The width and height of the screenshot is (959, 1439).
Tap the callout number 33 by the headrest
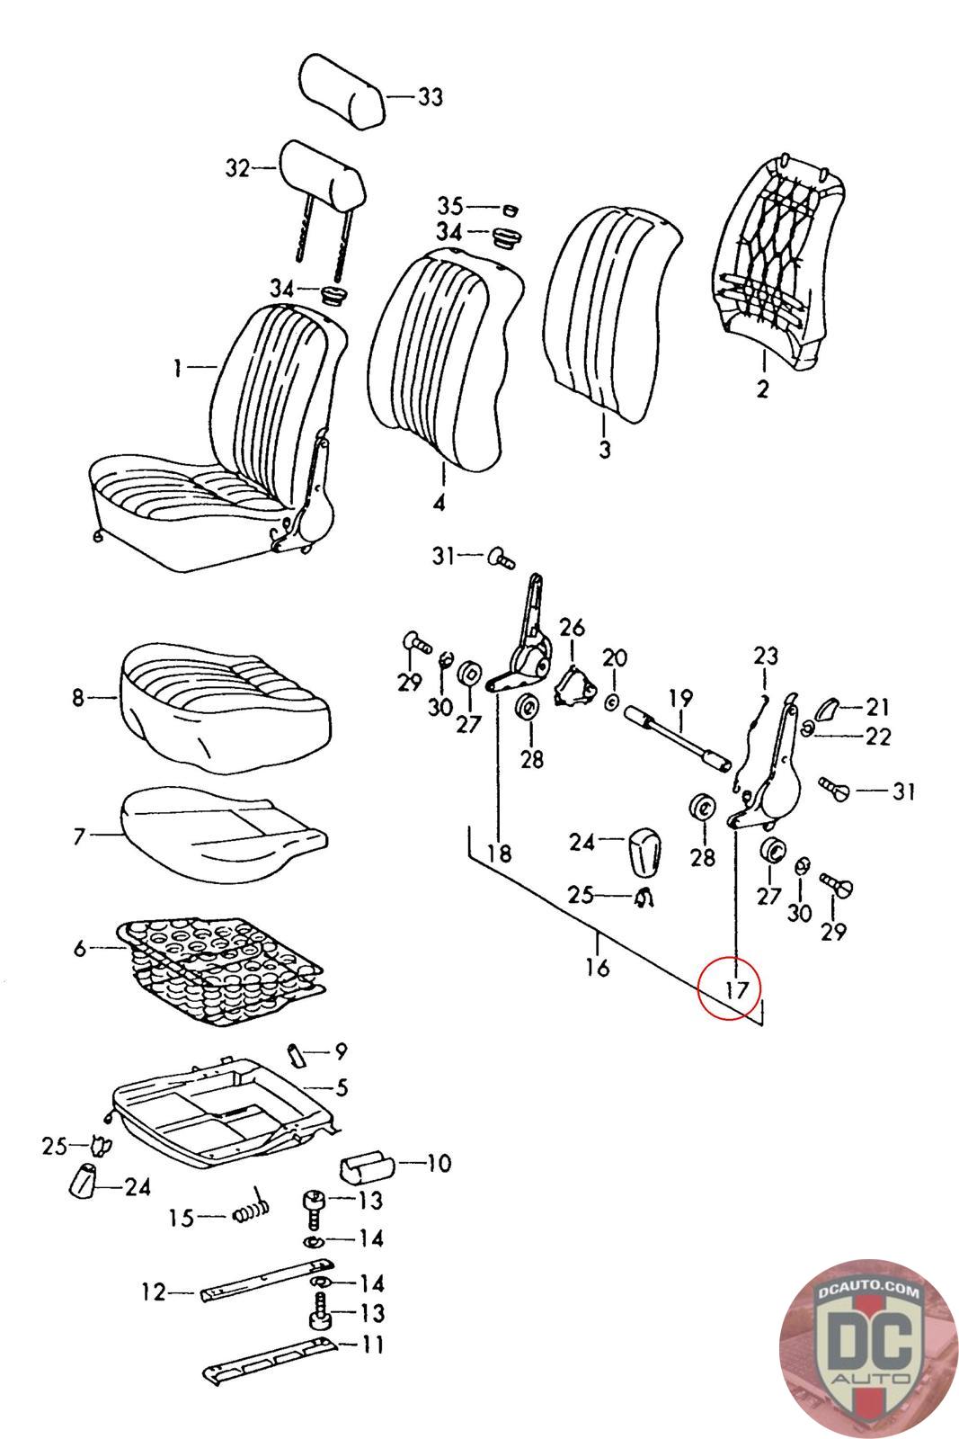430,96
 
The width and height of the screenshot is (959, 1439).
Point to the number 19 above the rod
680,697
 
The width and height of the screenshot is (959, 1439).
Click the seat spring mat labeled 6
216,971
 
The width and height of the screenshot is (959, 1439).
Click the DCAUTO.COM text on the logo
869,1292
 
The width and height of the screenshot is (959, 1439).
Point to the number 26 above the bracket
572,627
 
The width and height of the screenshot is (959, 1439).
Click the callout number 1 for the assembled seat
178,367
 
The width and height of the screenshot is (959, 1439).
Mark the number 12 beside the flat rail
154,1292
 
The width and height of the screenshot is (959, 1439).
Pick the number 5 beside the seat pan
341,1087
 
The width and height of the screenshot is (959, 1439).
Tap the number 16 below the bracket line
597,967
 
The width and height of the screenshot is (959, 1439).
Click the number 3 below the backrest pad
604,448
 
